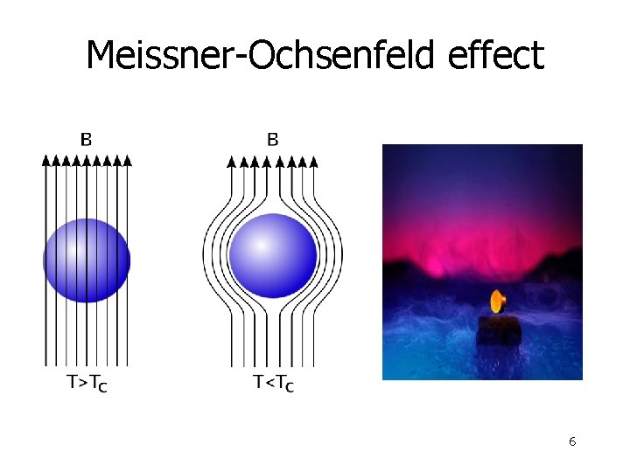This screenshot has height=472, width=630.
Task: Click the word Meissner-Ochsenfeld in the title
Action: (262, 56)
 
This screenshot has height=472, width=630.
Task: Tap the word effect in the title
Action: (495, 56)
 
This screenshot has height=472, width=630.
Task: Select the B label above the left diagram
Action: (87, 138)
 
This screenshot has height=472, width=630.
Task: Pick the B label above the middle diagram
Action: (272, 138)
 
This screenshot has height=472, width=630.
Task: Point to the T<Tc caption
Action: (273, 383)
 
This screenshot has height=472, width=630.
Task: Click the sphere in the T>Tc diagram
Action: (87, 260)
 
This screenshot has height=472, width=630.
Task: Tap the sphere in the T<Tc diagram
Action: (273, 255)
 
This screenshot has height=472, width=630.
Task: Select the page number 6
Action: (571, 441)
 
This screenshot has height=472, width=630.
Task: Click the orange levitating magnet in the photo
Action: (498, 302)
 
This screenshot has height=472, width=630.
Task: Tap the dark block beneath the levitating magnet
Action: (499, 331)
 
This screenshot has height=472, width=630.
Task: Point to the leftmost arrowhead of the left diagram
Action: (46, 160)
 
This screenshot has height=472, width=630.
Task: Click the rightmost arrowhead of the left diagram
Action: (128, 160)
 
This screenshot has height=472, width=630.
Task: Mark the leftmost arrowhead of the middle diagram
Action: (232, 160)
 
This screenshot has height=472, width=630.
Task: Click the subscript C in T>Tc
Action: (103, 386)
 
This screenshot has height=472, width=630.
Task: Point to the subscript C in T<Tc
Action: (289, 386)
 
